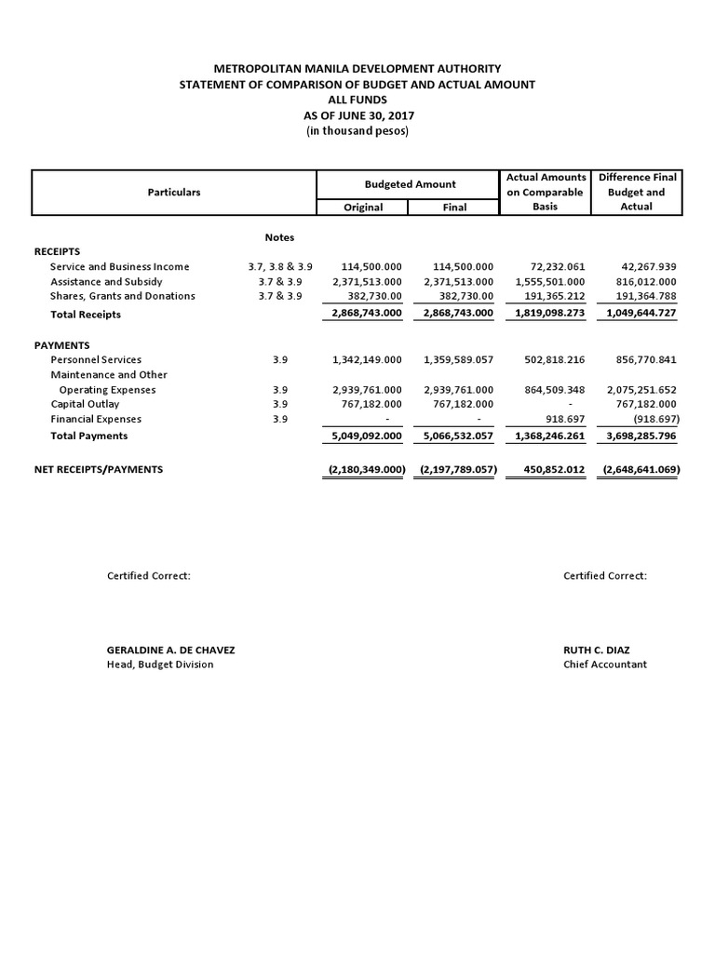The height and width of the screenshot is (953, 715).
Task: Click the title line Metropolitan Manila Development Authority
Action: (357, 69)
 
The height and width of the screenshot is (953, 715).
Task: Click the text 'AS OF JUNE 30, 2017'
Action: (357, 115)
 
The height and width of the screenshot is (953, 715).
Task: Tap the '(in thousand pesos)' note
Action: (357, 131)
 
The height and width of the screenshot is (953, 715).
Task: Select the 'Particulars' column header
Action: (174, 192)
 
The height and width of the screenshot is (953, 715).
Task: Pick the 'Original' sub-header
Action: (363, 208)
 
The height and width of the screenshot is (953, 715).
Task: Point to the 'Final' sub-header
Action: (454, 208)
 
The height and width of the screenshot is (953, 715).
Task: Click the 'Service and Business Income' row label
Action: (119, 267)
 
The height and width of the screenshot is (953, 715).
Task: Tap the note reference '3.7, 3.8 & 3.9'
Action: (280, 267)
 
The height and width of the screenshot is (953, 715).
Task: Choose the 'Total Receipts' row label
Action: (86, 315)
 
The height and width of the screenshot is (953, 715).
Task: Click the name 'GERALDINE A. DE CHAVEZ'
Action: (178, 650)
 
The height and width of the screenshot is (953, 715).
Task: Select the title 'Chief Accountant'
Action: (604, 664)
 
